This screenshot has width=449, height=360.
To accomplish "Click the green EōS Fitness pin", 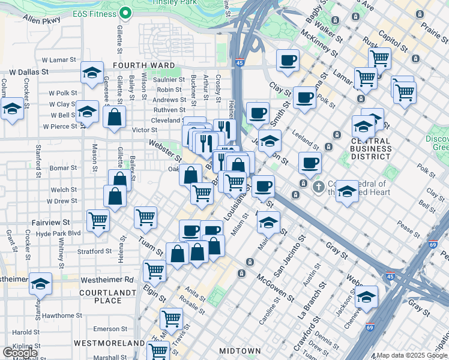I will coord(125,12).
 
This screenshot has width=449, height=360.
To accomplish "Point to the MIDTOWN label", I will coord(240,350).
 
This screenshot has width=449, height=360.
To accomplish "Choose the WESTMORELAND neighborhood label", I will coord(109,343).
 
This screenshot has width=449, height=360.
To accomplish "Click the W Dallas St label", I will coord(21,71).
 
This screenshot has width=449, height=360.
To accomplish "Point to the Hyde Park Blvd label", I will coord(58,233).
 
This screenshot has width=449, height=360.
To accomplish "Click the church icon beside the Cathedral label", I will coord(318,187).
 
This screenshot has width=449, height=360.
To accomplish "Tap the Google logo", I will coord(20,353).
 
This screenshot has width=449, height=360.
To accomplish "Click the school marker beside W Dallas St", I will coord(91,74).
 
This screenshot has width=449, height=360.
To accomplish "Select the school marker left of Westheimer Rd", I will coord(41,284).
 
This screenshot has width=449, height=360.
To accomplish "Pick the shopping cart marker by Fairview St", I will coord(98,220).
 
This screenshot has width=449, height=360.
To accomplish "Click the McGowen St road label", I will coord(274,289).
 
